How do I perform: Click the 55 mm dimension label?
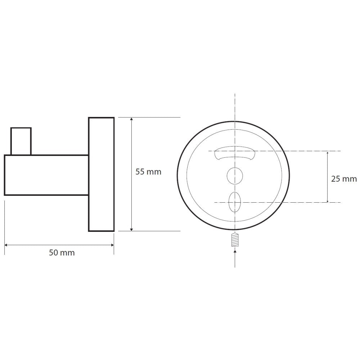point(148,172)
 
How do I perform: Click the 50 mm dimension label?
point(62,253)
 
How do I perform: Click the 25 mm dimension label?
point(344,179)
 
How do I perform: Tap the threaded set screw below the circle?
point(235,240)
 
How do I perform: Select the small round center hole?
point(235,176)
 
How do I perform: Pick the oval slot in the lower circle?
point(235,202)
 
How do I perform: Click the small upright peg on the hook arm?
point(21,141)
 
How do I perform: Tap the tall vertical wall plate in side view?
point(101,174)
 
